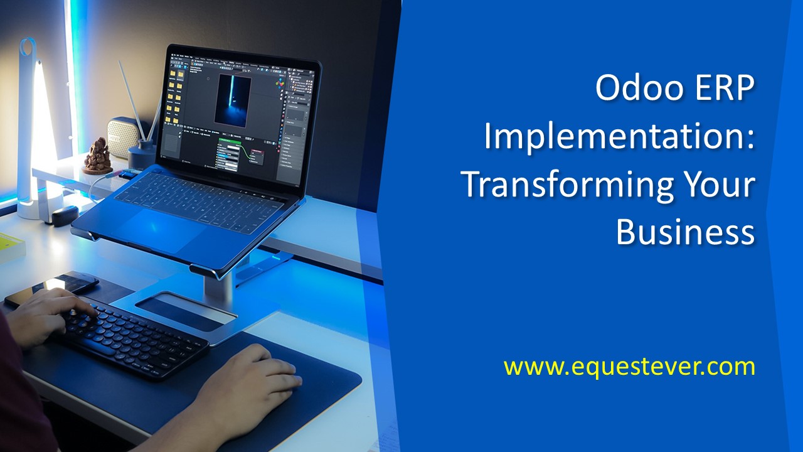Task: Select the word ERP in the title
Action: click(725, 87)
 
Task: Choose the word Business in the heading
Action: click(686, 232)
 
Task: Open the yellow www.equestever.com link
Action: click(629, 367)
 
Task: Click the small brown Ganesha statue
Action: click(97, 156)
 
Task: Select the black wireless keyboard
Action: click(132, 342)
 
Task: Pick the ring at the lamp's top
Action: click(27, 46)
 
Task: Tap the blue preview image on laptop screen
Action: click(233, 100)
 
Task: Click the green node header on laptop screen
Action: click(230, 141)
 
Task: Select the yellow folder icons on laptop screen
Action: click(174, 97)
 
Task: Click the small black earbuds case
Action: click(65, 215)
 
